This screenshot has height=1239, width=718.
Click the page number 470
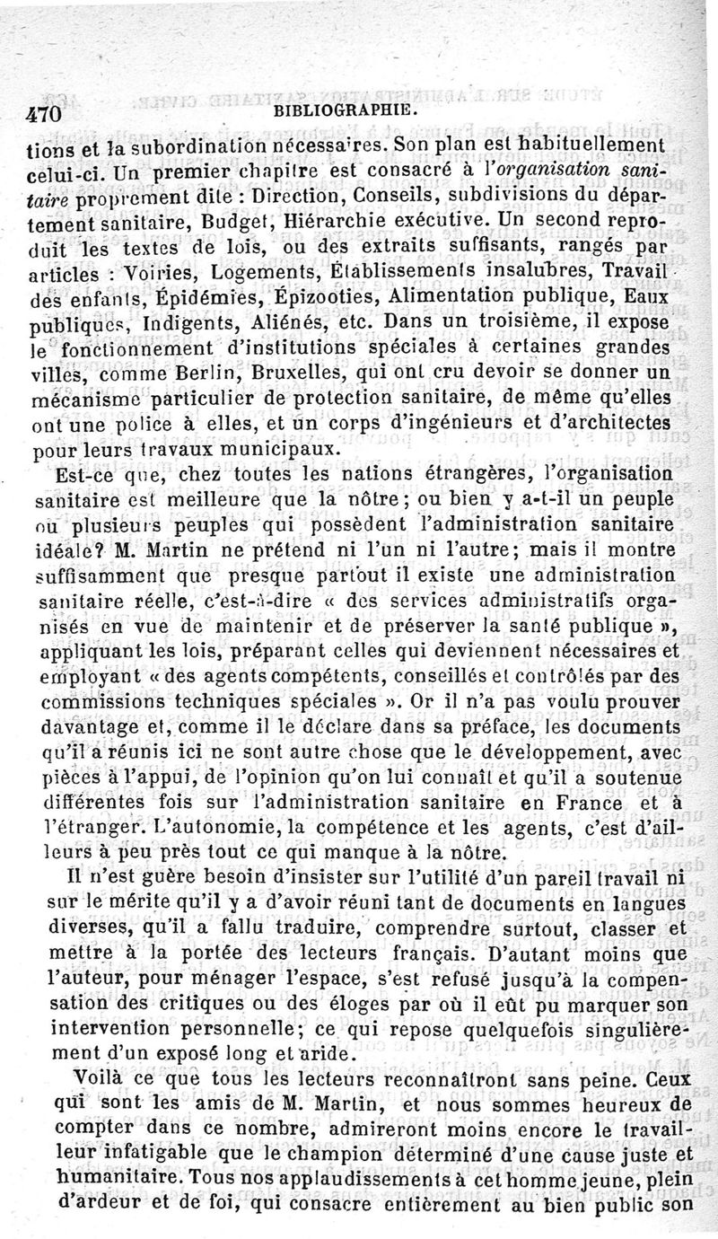coord(43,114)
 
